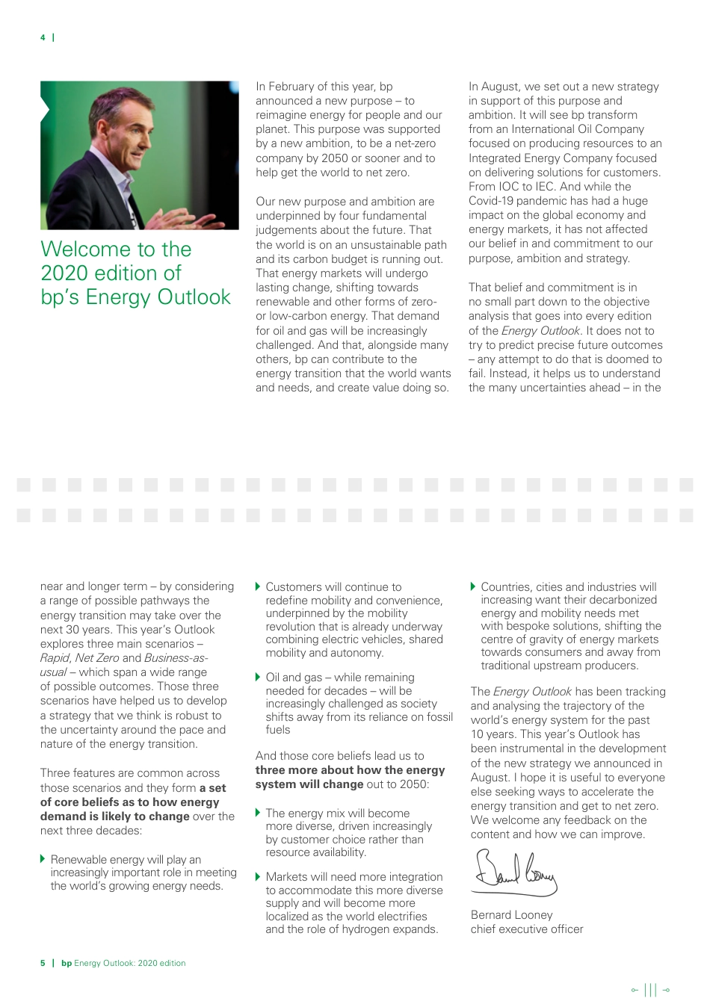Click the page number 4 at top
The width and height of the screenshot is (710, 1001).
point(43,37)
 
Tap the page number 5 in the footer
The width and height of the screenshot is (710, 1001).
point(43,963)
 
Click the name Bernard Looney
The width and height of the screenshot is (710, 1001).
point(511,914)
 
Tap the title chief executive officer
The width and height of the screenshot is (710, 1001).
point(526,929)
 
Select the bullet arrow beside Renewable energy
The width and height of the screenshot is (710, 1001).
point(43,859)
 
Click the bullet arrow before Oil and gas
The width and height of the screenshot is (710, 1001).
point(259,677)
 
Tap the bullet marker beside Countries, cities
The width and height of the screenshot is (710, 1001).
point(473,586)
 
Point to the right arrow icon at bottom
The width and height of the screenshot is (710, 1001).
point(666,990)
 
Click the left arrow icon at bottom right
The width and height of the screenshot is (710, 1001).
point(634,990)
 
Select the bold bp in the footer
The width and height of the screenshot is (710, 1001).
point(67,963)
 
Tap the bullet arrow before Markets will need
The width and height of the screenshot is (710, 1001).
point(259,876)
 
